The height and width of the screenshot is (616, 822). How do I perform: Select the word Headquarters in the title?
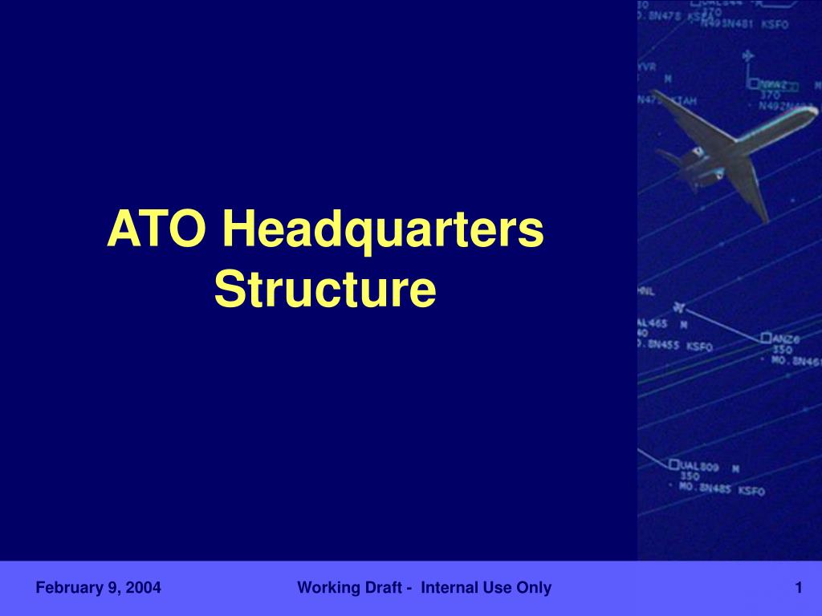[x=383, y=229]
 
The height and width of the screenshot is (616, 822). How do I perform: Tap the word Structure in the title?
[x=325, y=290]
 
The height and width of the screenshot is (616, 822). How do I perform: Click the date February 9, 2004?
[x=98, y=588]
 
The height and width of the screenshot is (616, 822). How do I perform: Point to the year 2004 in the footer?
[x=146, y=588]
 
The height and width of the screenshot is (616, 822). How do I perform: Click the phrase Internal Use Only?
[x=486, y=588]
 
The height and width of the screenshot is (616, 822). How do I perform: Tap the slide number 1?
[x=799, y=588]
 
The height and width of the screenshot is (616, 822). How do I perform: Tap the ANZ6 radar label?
[x=783, y=339]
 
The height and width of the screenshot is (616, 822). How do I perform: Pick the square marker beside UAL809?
[x=674, y=464]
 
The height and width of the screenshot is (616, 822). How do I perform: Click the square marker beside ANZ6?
[x=766, y=338]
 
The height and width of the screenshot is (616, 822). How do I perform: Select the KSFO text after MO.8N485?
[x=751, y=490]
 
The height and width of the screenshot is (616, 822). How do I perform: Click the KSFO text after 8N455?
[x=699, y=346]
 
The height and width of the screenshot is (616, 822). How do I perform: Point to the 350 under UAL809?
[x=690, y=476]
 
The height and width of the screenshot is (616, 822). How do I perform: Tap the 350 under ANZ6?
[x=782, y=350]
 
